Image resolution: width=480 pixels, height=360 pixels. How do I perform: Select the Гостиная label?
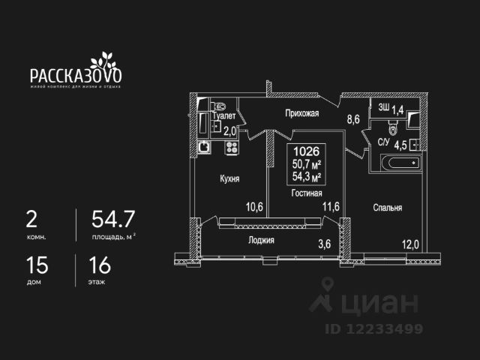click(306, 193)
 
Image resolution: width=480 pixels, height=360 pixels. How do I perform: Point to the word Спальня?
click(388, 208)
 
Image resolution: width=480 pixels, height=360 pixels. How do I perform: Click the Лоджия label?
click(261, 241)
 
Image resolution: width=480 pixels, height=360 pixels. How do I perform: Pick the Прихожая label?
click(302, 114)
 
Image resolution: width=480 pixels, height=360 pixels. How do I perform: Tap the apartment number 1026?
click(306, 150)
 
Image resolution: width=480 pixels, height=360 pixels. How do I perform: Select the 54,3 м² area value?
click(306, 177)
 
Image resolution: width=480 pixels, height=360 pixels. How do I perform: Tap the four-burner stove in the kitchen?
click(231, 147)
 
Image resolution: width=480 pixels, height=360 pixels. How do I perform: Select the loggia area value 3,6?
click(324, 243)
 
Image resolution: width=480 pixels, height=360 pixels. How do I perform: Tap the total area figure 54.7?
click(112, 218)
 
